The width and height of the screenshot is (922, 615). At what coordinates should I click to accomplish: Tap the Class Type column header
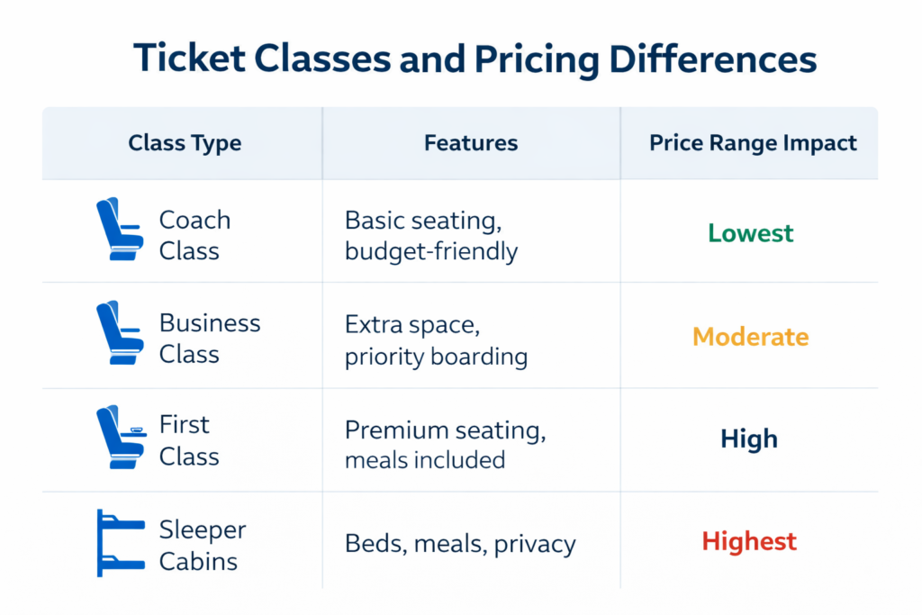pyautogui.click(x=185, y=143)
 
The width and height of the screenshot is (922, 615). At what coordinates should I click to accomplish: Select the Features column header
pyautogui.click(x=471, y=143)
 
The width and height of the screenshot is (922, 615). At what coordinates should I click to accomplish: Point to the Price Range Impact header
pyautogui.click(x=753, y=143)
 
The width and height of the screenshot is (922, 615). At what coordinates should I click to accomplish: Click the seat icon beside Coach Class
pyautogui.click(x=119, y=231)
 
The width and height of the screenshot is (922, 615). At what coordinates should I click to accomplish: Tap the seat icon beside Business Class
pyautogui.click(x=119, y=334)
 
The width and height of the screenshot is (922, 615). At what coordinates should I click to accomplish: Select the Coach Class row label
pyautogui.click(x=194, y=235)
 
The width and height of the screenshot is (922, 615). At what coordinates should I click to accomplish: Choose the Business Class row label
pyautogui.click(x=209, y=339)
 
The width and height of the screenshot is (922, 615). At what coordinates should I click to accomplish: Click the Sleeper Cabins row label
pyautogui.click(x=202, y=546)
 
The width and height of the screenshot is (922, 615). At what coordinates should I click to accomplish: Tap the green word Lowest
pyautogui.click(x=750, y=234)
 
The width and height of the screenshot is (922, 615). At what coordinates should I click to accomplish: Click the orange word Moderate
pyautogui.click(x=750, y=338)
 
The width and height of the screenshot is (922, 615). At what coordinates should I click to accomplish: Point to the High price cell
pyautogui.click(x=749, y=439)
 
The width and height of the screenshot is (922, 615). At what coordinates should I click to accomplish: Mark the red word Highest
pyautogui.click(x=749, y=542)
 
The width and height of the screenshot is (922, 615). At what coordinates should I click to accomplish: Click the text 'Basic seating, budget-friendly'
pyautogui.click(x=431, y=236)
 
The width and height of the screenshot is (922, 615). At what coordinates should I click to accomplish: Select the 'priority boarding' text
pyautogui.click(x=436, y=357)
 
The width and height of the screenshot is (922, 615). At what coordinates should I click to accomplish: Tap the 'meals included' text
pyautogui.click(x=425, y=460)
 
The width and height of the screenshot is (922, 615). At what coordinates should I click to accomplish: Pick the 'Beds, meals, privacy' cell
pyautogui.click(x=459, y=544)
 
